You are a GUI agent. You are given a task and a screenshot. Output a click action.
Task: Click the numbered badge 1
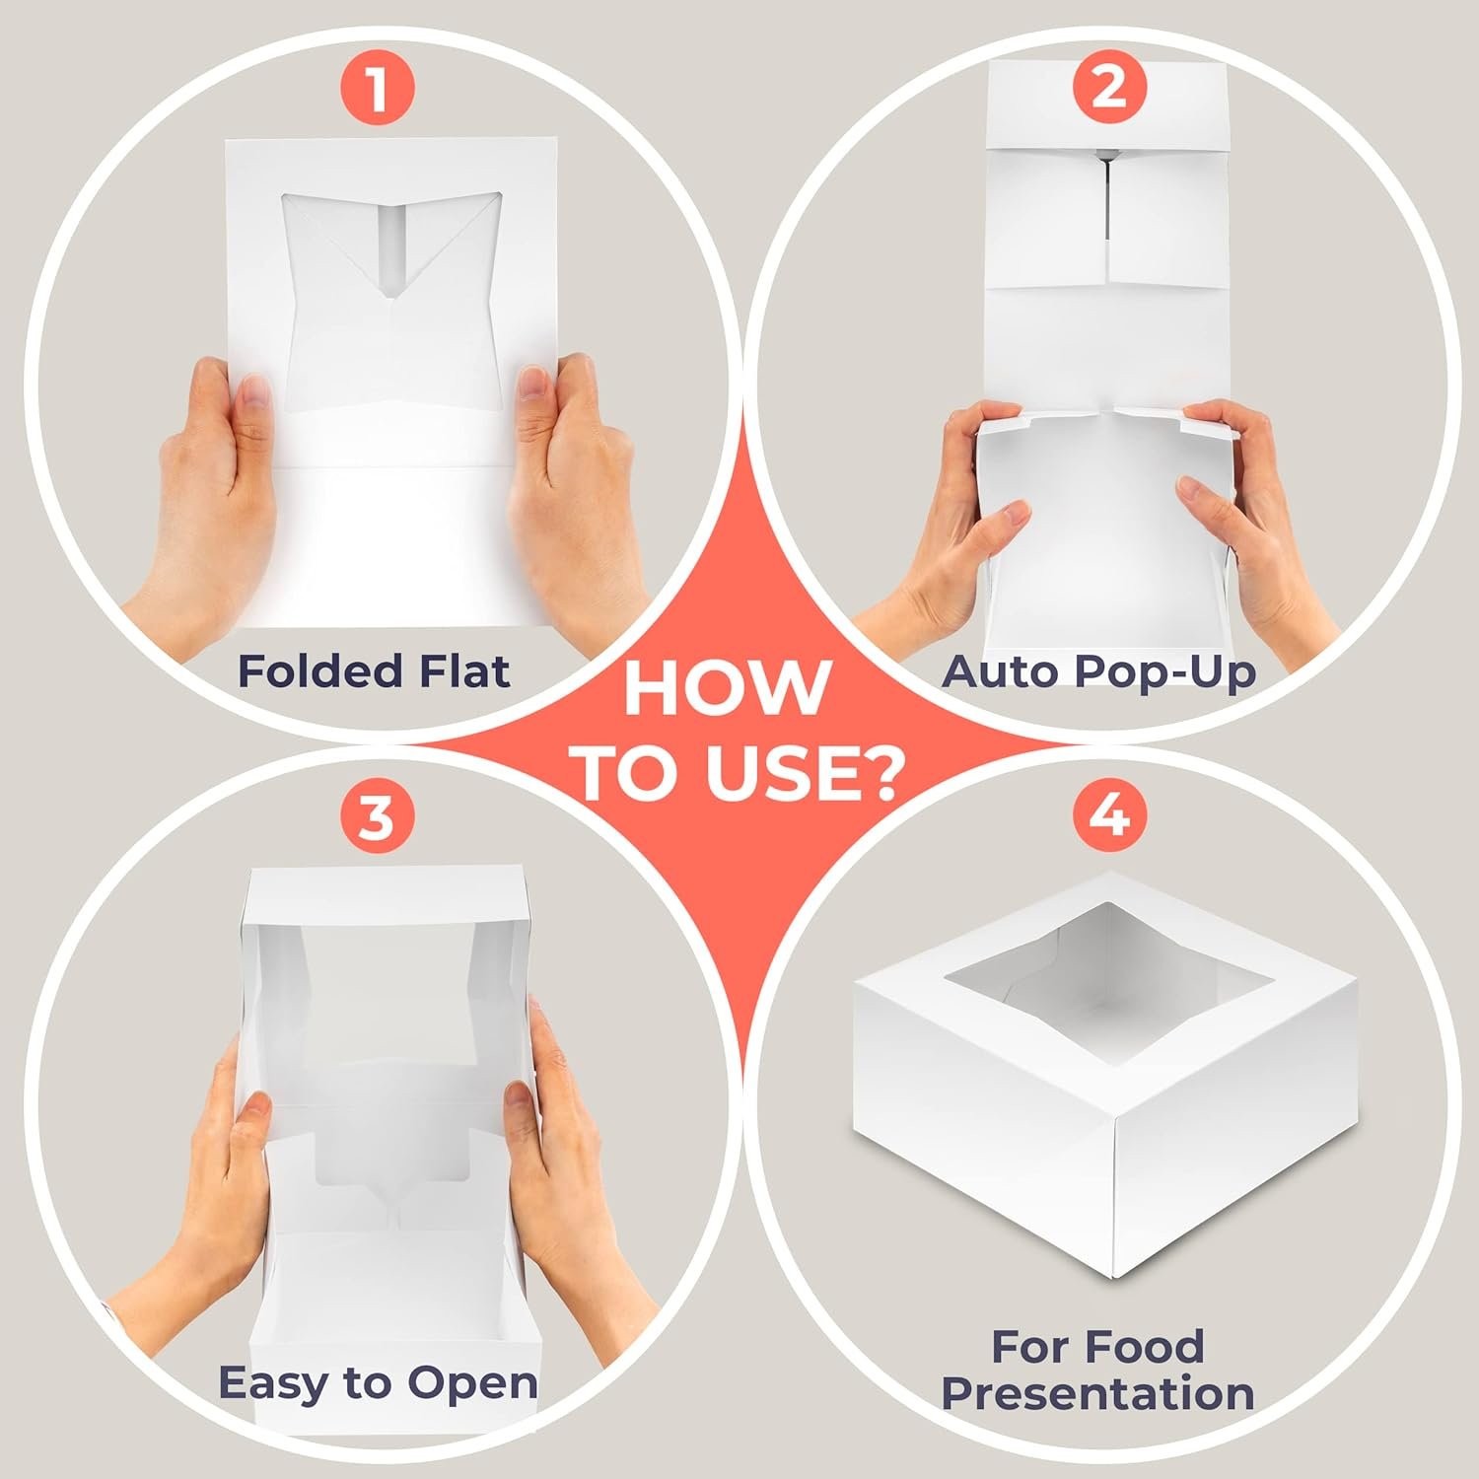click(x=377, y=89)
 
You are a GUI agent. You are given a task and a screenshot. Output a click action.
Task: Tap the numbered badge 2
click(x=1109, y=89)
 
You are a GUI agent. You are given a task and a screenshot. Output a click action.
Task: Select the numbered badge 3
click(x=377, y=817)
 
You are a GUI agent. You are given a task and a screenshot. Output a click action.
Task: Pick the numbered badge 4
click(x=1109, y=817)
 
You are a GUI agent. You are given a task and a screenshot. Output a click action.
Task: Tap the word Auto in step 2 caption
click(x=1000, y=671)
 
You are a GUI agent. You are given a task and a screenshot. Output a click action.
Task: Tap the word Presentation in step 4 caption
click(x=1097, y=1394)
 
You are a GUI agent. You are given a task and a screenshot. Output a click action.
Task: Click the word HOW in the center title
click(x=728, y=688)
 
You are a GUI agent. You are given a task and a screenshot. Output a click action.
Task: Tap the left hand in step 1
click(x=212, y=493)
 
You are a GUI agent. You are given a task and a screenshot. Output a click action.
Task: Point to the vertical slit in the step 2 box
click(x=1108, y=207)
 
